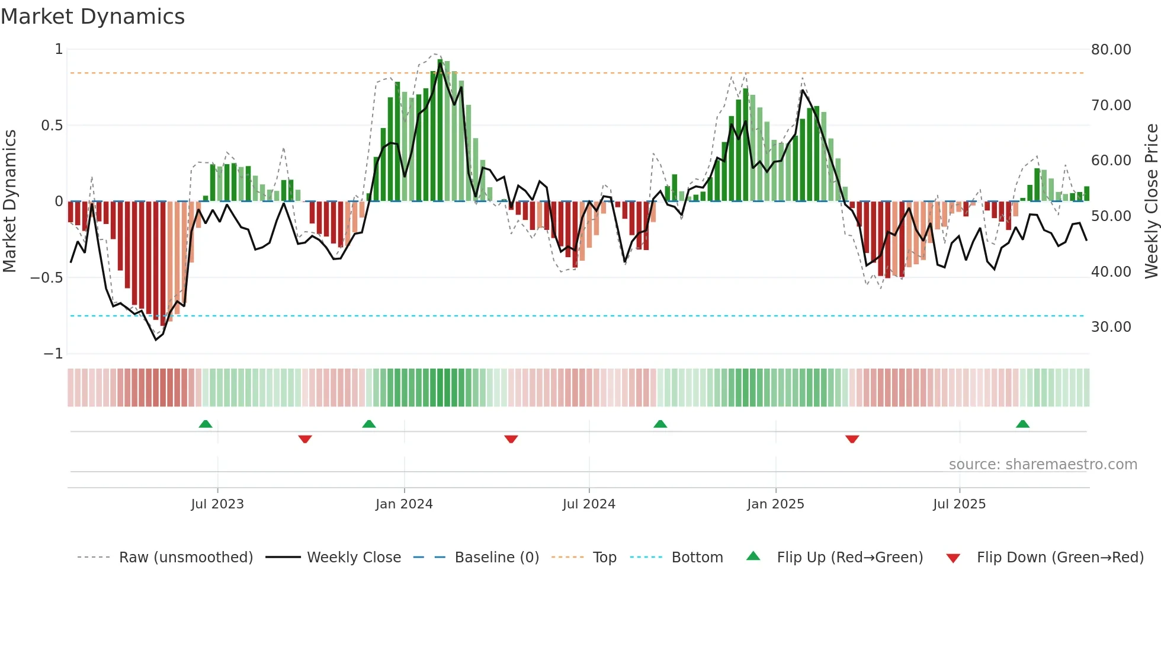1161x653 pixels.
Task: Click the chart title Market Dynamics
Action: coord(92,17)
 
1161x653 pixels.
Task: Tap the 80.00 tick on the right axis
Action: coord(1111,50)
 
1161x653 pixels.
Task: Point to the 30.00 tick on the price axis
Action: coord(1111,327)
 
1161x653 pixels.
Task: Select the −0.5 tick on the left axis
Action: coord(46,278)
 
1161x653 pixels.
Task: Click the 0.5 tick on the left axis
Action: coord(52,126)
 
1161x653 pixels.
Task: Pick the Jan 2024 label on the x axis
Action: coord(404,504)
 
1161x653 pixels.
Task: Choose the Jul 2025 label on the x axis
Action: coord(959,504)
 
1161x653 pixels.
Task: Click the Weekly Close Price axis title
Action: coord(1151,201)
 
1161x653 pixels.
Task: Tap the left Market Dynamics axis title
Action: coord(9,201)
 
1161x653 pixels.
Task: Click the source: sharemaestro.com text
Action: coord(1043,465)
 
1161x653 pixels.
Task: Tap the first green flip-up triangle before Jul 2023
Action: coord(206,424)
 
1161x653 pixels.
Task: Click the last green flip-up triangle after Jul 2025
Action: coord(1022,424)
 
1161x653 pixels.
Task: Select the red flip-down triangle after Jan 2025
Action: coord(852,439)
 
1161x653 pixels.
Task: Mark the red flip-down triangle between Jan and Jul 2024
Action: coord(511,439)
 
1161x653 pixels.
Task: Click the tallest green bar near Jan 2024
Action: coord(440,130)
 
